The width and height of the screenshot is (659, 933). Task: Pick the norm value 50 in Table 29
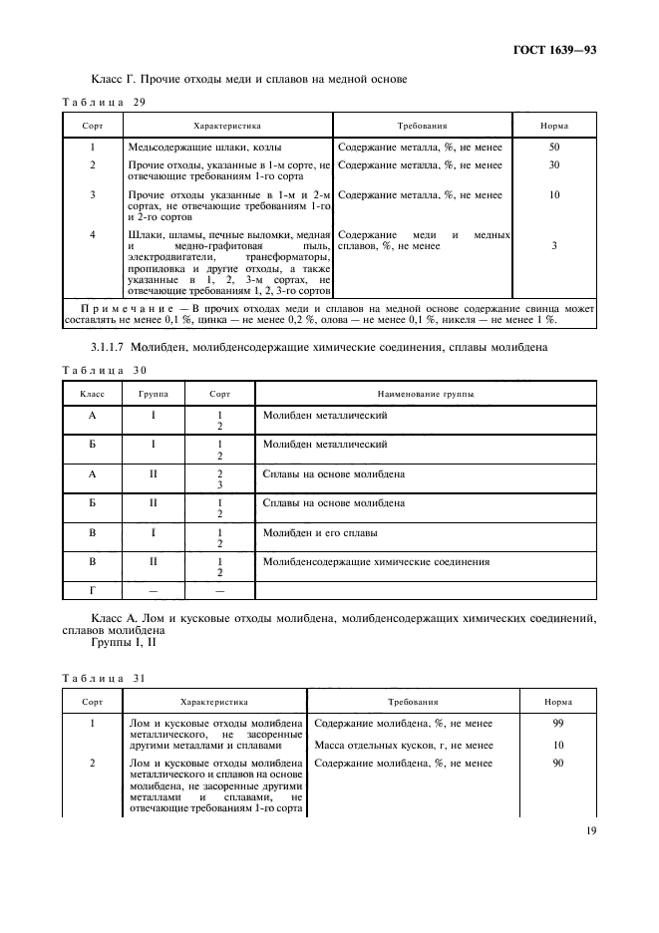click(x=553, y=148)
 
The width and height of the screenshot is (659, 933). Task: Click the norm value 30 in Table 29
click(x=553, y=165)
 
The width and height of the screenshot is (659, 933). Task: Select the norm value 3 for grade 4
click(x=553, y=245)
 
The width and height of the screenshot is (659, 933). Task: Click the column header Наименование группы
click(x=425, y=395)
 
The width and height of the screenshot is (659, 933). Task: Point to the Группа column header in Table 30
click(x=154, y=395)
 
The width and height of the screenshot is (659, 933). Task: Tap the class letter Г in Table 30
click(x=92, y=591)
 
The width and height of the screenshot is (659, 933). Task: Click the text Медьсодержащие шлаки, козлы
click(x=198, y=148)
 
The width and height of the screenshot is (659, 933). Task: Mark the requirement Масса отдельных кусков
click(x=403, y=745)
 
